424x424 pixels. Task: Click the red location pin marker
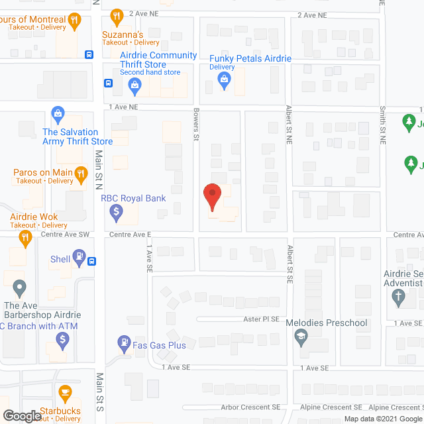[x=211, y=196]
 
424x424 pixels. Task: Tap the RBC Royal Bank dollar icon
[x=116, y=212]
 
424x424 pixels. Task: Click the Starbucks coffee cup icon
[x=64, y=394]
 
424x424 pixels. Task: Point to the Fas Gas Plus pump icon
[x=123, y=343]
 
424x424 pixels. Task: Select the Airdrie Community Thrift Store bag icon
[x=134, y=83]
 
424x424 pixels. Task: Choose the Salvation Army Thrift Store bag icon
[x=58, y=114]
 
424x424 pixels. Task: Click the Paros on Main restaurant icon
[x=81, y=174]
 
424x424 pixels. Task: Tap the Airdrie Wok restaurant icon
[x=26, y=238]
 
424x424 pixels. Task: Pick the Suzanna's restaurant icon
[x=117, y=16]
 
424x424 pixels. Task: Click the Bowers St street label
[x=196, y=125]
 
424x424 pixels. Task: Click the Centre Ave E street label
[x=131, y=235]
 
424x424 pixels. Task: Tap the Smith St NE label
[x=382, y=125]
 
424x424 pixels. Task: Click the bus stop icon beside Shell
[x=91, y=260]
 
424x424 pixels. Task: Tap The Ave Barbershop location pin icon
[x=19, y=288]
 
